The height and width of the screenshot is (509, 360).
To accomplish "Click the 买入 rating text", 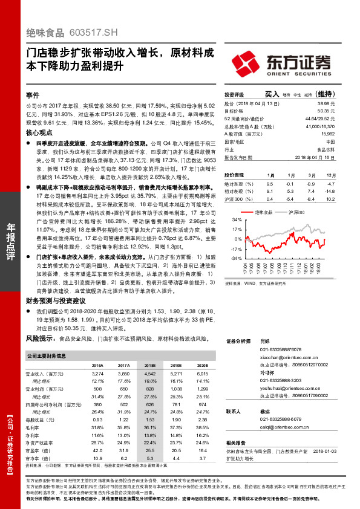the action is (x=272, y=94).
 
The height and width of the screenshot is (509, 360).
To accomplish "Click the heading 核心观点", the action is (x=38, y=132).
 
